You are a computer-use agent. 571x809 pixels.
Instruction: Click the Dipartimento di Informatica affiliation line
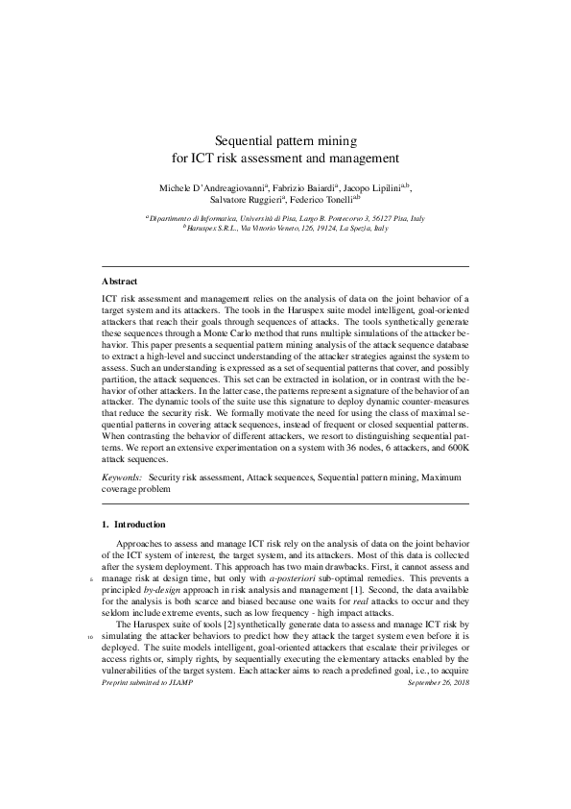[x=284, y=219]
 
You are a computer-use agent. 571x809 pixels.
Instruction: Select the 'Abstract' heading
[x=120, y=282]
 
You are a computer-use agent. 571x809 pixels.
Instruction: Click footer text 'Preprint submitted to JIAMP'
[x=146, y=682]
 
